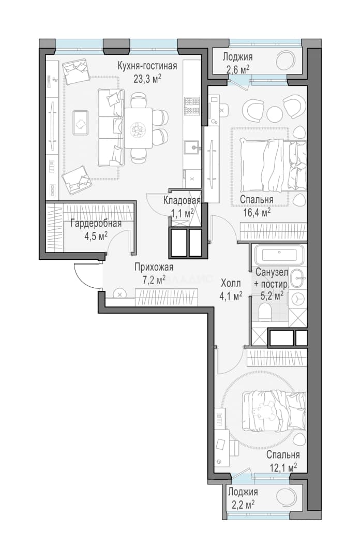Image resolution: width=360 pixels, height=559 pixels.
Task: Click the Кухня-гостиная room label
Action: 147,66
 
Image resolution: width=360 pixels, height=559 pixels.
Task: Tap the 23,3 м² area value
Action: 147,79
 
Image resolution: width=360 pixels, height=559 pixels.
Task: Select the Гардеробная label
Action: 96,224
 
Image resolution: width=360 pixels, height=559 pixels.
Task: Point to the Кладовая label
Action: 182,200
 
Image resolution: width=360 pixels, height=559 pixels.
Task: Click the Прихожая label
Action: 154,267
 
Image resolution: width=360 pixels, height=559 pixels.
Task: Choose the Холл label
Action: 231,284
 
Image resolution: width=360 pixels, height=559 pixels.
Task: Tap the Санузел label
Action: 272,272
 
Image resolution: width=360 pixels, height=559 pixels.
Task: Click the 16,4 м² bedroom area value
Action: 255,213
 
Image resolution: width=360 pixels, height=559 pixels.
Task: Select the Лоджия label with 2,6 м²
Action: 237,57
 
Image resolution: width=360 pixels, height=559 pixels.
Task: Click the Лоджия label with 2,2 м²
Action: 243,492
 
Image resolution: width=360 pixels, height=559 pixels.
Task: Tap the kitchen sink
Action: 192,147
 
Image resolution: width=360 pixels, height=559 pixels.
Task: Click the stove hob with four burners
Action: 192,106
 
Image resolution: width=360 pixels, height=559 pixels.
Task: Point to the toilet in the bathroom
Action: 264,314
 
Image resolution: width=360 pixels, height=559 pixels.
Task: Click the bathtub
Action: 279,255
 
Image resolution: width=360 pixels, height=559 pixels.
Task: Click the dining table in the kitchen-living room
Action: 138,128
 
